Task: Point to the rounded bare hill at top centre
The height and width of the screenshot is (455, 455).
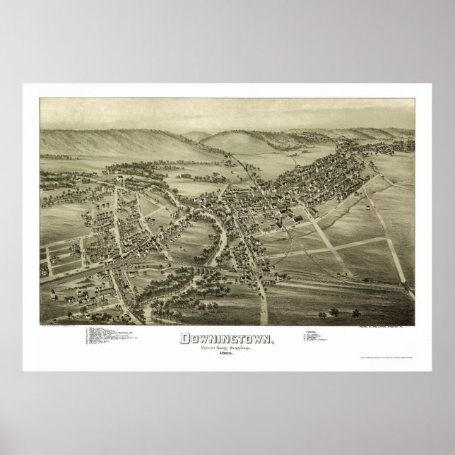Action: (x=251, y=138)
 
